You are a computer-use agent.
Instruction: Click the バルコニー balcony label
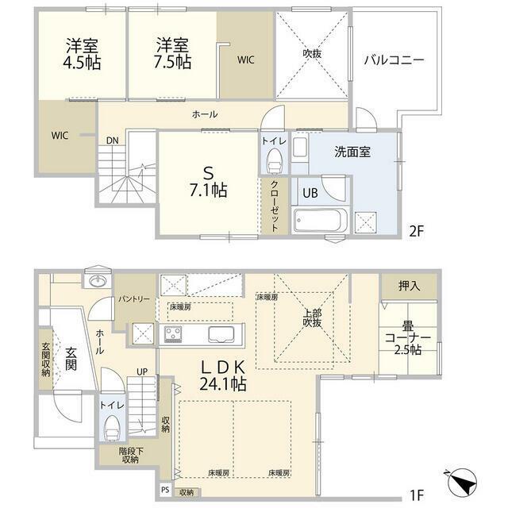tap(394, 60)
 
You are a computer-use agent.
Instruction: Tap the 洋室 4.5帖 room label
tap(82, 54)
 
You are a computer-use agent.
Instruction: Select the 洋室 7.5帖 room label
tap(172, 54)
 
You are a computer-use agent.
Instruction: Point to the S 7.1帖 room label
tap(208, 182)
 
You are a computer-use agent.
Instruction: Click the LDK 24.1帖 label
tap(222, 375)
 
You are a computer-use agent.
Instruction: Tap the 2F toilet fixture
tap(274, 161)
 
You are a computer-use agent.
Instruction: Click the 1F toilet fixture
tap(112, 428)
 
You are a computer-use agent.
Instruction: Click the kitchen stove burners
tap(173, 334)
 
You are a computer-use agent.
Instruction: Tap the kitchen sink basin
tap(221, 333)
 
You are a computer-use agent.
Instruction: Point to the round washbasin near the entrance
tap(97, 280)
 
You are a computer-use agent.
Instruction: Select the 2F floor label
tap(416, 231)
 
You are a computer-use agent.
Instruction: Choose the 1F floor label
tap(416, 495)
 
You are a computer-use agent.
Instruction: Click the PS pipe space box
tap(165, 491)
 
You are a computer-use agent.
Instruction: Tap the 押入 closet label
tap(410, 286)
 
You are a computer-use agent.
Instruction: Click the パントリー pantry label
tap(133, 298)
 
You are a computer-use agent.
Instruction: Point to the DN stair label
tap(113, 140)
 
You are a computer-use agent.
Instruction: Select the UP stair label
tap(142, 371)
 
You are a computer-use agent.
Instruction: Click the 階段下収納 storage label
tap(130, 455)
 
